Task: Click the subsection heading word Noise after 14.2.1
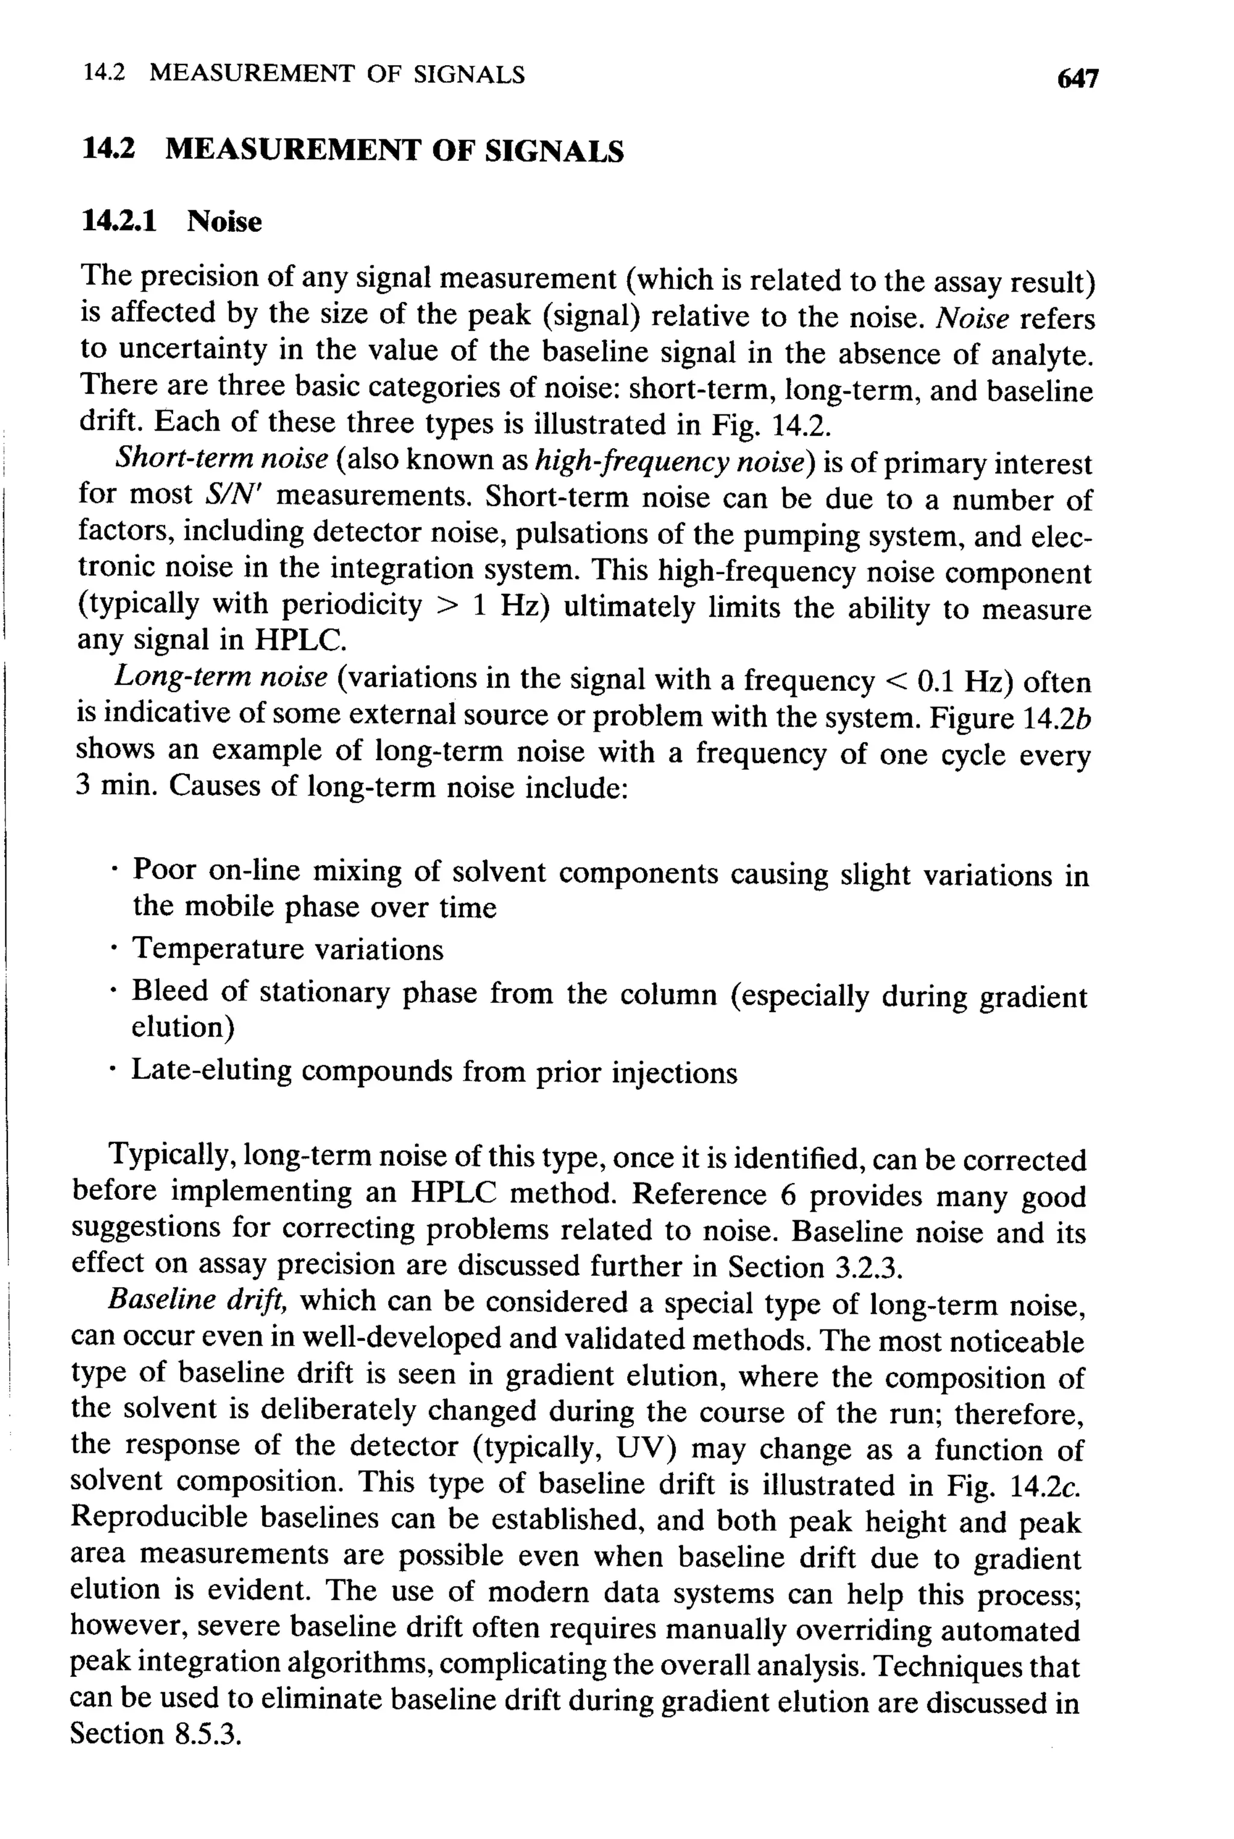[224, 221]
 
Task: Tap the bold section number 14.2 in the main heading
[108, 149]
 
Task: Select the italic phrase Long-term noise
[221, 677]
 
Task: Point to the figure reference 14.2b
[1054, 718]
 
